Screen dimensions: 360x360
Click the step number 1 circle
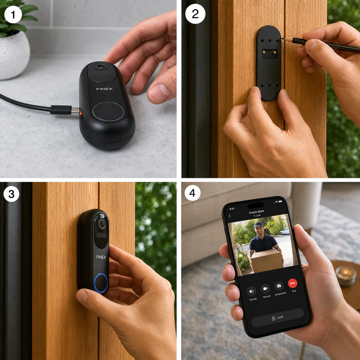13,15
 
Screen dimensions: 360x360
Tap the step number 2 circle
195,14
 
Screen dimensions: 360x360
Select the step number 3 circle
11,194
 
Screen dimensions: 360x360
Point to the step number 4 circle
192,193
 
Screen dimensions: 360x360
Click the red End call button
292,283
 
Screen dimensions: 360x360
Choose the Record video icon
265,289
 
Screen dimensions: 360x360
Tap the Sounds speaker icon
251,291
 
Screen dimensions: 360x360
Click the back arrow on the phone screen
230,216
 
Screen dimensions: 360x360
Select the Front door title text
256,212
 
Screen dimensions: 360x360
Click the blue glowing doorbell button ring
101,283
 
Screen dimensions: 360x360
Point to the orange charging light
80,113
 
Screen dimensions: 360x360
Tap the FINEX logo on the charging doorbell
105,89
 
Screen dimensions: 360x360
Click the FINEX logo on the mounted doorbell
101,257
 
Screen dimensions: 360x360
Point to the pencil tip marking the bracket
281,38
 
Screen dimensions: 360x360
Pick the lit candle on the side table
346,275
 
